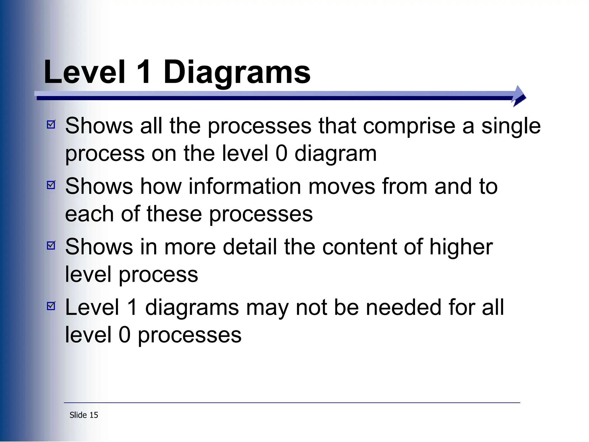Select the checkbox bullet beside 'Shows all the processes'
coord(51,124)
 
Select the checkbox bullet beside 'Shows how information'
coord(51,185)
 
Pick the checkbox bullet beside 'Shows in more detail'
coord(51,245)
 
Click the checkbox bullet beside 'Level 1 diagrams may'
coord(51,306)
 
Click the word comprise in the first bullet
coord(409,127)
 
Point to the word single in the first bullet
coord(511,127)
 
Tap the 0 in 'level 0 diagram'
coord(281,153)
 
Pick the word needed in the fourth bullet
coord(403,308)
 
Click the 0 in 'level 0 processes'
coord(125,335)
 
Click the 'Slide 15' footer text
coord(84,415)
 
